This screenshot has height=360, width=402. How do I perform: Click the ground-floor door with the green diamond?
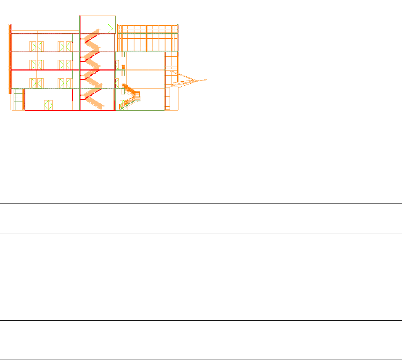coord(49,105)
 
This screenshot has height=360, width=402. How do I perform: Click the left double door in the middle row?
coord(36,65)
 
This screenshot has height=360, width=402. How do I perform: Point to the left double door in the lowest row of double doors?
coord(36,83)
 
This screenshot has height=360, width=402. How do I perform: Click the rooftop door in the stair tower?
coord(110,28)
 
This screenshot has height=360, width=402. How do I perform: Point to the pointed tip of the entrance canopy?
coord(206,79)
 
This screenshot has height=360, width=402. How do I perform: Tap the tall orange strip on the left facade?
coord(10,59)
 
